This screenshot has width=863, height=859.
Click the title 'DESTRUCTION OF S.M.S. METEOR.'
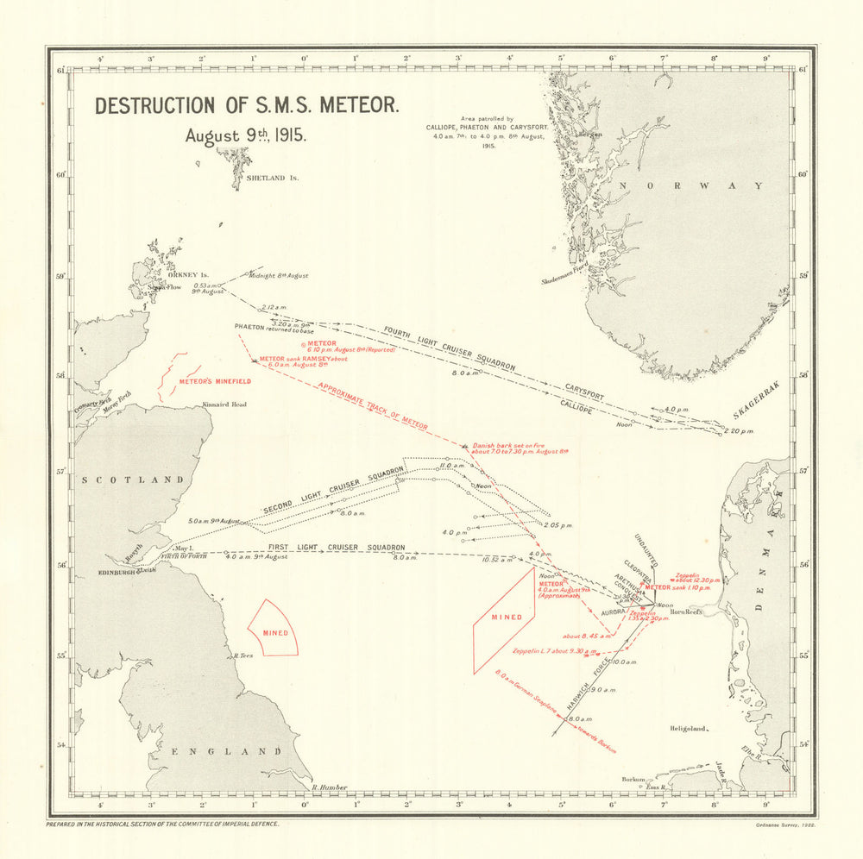coord(247,106)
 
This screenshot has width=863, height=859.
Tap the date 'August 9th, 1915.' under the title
coord(241,135)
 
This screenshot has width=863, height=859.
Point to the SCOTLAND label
coord(133,480)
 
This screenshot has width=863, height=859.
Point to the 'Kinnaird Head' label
coord(224,404)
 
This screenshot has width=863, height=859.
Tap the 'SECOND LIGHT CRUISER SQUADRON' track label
coord(333,492)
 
